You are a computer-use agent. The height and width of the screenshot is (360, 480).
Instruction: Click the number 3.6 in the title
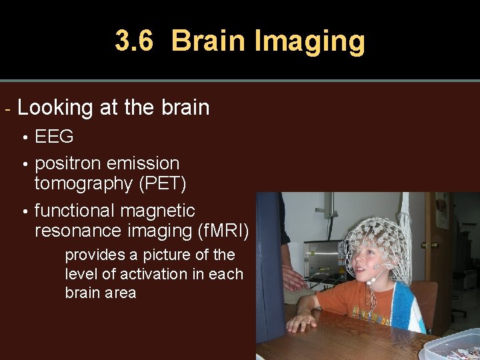click(x=134, y=41)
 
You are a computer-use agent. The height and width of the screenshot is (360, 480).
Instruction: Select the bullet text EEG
click(x=54, y=137)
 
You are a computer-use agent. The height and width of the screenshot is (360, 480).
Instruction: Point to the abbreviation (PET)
click(x=163, y=183)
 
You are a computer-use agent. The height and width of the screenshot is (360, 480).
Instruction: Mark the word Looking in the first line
click(x=55, y=108)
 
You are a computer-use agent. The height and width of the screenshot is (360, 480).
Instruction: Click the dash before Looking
click(x=7, y=108)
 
